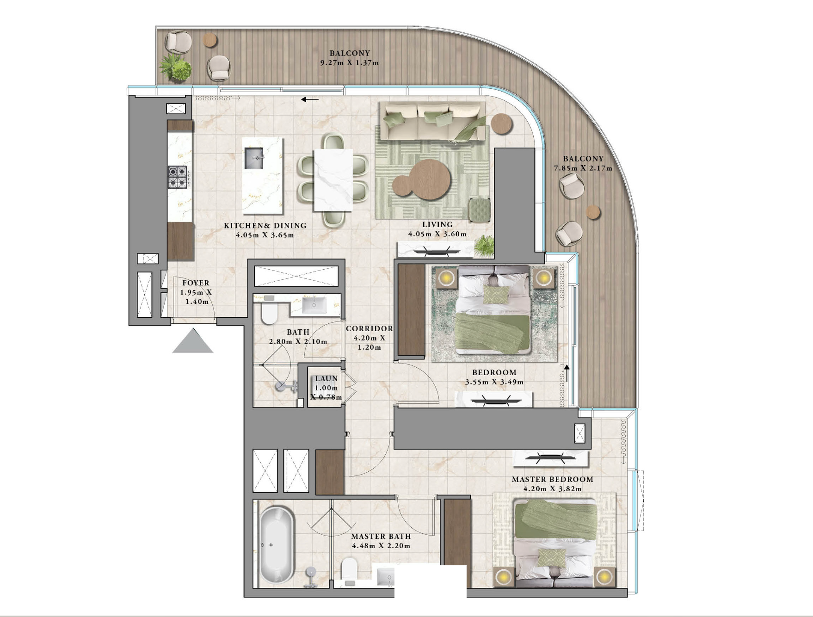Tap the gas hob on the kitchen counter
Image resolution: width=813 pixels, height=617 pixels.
tap(177, 177)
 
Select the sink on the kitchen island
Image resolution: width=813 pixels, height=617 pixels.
tap(253, 158)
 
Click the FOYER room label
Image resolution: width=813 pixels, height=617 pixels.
tap(196, 283)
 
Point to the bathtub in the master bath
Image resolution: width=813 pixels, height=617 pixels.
tap(276, 545)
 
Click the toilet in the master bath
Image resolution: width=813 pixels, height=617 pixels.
tap(349, 571)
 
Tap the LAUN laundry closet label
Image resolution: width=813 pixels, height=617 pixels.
tap(326, 378)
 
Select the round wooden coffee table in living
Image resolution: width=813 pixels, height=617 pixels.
tap(430, 179)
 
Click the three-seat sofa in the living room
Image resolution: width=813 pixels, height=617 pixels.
tap(432, 121)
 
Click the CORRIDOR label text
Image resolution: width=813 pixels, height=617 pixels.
tap(369, 328)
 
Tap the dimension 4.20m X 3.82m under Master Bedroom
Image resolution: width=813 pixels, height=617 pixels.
tap(552, 489)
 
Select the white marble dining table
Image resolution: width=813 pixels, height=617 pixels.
tap(333, 179)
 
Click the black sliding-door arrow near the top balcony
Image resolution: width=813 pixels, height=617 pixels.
tap(309, 99)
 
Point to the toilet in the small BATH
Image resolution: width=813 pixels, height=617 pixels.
tap(268, 312)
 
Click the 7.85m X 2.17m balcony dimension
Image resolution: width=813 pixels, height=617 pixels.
tap(583, 168)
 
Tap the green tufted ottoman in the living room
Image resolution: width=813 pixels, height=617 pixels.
tap(479, 210)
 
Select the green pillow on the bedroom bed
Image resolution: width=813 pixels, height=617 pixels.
tap(496, 294)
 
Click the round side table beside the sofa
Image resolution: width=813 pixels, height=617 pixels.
tap(501, 123)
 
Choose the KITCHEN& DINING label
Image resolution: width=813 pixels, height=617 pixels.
tap(265, 225)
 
